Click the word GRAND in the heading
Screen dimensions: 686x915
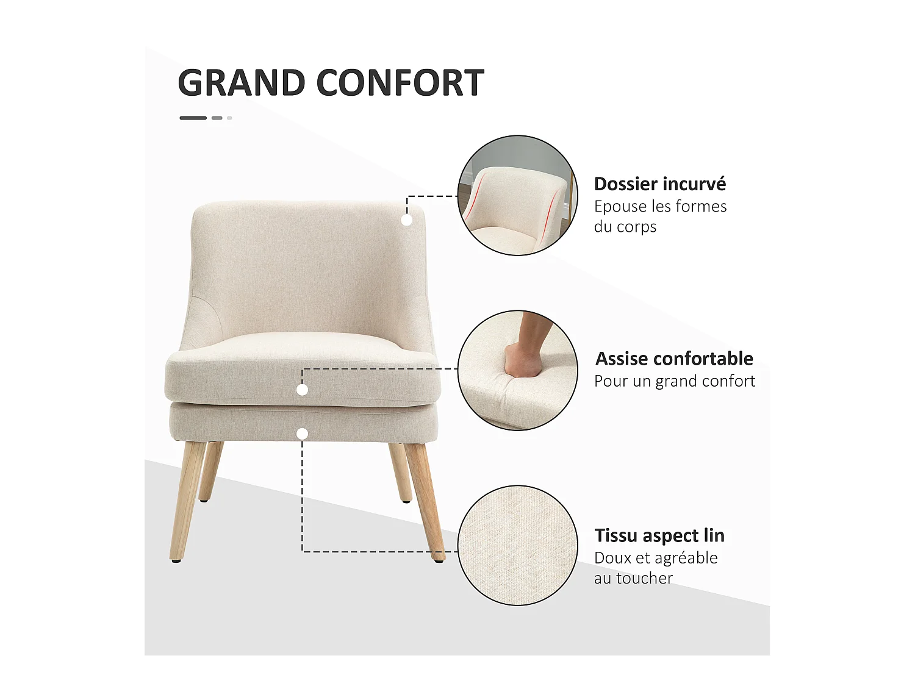[x=241, y=83]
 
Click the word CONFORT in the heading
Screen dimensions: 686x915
[x=400, y=83]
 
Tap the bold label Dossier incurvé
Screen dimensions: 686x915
[x=660, y=184]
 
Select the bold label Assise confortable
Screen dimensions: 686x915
[x=674, y=359]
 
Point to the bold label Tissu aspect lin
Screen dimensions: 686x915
[x=659, y=535]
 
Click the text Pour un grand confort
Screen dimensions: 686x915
[x=675, y=381]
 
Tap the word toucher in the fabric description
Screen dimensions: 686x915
[x=644, y=578]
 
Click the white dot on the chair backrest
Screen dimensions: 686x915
[x=407, y=220]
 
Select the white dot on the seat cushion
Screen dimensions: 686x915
[x=302, y=390]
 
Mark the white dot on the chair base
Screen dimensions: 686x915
[x=302, y=434]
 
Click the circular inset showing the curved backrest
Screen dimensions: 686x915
[x=517, y=195]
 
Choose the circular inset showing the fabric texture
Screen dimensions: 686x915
[x=517, y=546]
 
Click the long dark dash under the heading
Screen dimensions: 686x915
[x=193, y=118]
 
